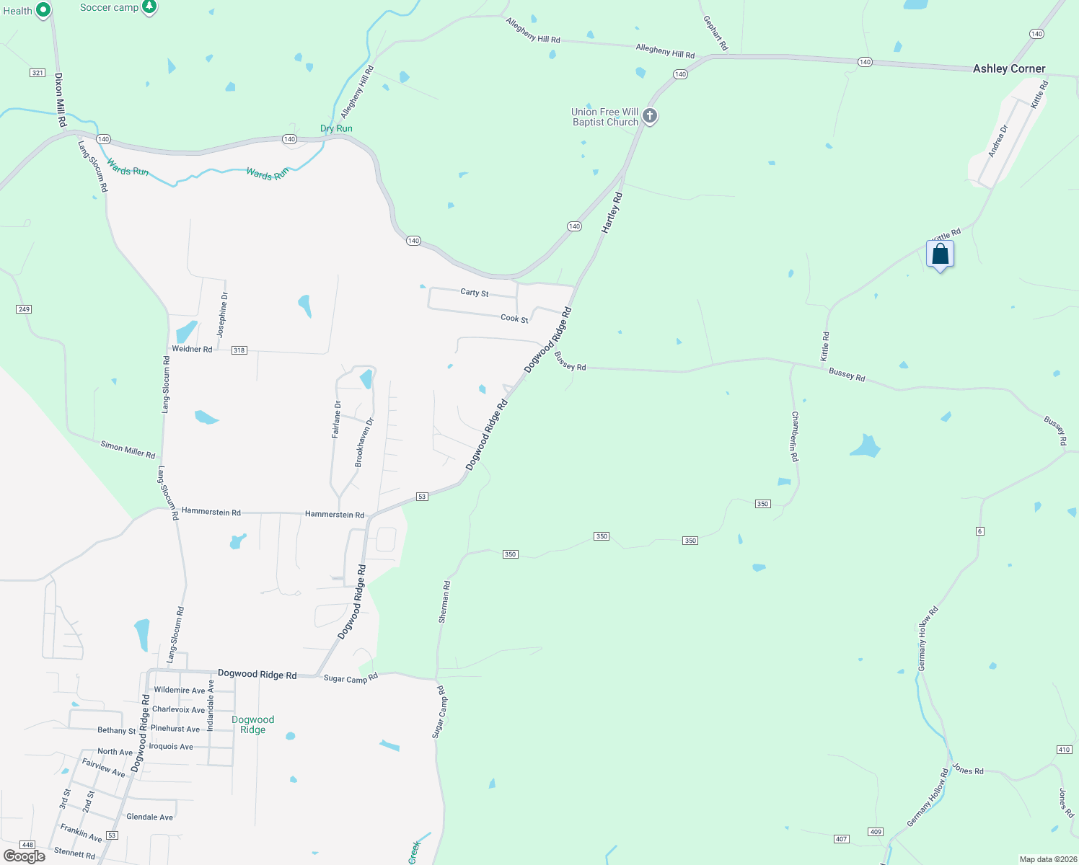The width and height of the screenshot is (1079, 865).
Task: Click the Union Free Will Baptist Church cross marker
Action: [650, 115]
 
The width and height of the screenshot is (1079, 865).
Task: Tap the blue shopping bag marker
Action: [940, 254]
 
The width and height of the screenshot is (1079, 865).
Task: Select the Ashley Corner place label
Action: [1008, 68]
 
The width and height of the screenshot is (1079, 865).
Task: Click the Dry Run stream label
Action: [336, 128]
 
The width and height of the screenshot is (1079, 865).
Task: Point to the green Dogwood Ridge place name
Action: [252, 724]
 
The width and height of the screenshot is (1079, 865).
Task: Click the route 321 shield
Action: [38, 73]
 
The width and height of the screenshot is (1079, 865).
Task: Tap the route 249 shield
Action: [24, 309]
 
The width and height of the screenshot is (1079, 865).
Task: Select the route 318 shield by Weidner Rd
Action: [239, 350]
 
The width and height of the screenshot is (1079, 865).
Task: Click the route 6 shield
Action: [979, 531]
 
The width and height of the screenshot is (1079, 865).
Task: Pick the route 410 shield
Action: [1064, 750]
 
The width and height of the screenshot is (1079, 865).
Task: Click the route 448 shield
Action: [27, 845]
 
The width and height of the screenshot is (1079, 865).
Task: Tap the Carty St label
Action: [475, 293]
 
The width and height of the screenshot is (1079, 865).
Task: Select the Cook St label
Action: [514, 318]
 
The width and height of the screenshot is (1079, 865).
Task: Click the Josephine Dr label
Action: [223, 315]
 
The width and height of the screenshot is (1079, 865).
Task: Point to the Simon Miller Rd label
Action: [128, 450]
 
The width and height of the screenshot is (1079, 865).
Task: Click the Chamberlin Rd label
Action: [794, 436]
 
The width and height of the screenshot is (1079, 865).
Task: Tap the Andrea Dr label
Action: [997, 141]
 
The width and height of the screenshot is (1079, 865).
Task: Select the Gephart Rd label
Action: [715, 33]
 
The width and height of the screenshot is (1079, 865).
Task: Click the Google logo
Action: [25, 856]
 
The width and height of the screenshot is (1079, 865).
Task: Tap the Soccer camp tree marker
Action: [149, 7]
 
